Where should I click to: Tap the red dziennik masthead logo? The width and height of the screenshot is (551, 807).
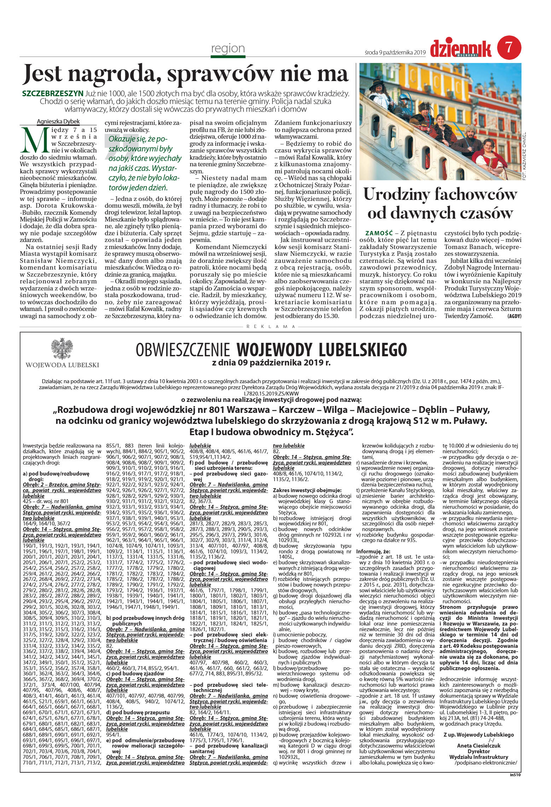460,49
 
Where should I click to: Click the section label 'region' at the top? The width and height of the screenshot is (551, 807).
228,48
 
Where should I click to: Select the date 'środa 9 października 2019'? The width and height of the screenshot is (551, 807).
395,52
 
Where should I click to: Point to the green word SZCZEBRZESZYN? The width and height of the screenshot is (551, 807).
53,94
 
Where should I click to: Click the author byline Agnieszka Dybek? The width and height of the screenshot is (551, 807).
58,122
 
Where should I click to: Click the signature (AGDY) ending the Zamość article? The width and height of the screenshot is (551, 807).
514,316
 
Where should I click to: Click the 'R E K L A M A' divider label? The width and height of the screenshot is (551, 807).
271,327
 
